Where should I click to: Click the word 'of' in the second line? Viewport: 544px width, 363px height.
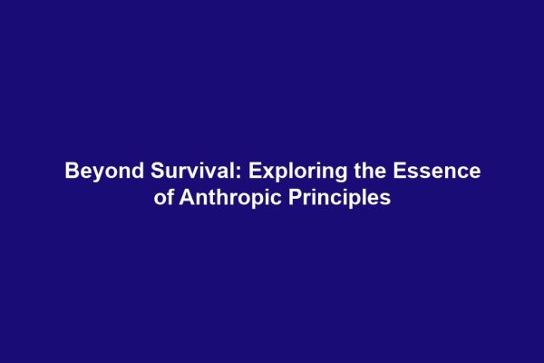(164, 197)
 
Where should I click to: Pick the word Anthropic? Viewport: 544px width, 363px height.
(228, 197)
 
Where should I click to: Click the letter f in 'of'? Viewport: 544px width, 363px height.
(170, 197)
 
